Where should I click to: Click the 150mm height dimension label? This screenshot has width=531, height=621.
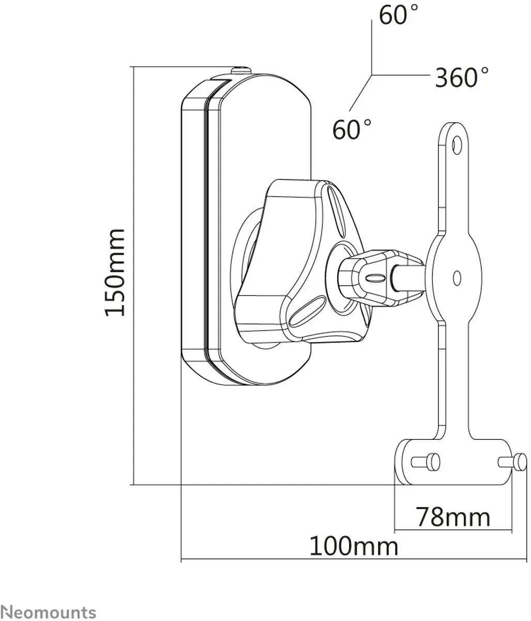coord(114,272)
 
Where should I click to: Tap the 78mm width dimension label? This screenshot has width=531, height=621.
coord(452,517)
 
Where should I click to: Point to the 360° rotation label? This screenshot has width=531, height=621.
coord(461,77)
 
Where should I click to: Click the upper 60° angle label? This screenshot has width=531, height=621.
coord(398,15)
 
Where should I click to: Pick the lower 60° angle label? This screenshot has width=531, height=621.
coord(352,129)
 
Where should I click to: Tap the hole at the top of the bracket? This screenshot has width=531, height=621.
coord(457,145)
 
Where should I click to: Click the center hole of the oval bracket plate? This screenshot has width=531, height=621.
coord(457,278)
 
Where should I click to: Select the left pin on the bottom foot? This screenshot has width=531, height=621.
coord(426,462)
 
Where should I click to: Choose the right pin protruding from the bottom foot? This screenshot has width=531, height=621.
coord(512,462)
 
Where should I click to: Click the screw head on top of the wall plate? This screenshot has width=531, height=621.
coord(241,70)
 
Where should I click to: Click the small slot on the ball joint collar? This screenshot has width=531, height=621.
coord(375,278)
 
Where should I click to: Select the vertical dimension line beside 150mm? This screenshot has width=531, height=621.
coord(133,276)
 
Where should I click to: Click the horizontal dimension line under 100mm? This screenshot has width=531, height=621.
coord(354,559)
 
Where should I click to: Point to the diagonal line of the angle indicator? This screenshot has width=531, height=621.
coord(360,93)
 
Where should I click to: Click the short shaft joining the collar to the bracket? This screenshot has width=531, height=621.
coord(408,278)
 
